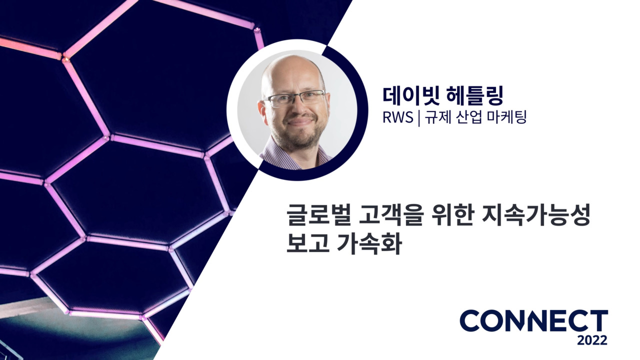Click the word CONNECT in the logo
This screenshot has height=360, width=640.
[x=533, y=321]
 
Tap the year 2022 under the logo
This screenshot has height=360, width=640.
[x=592, y=340]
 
